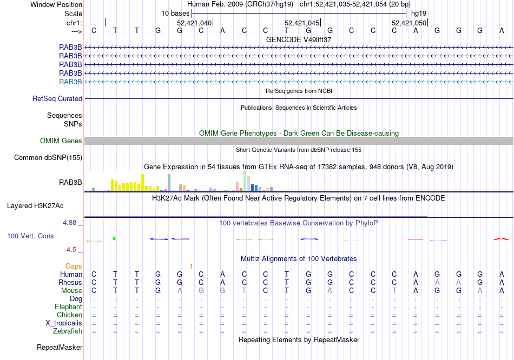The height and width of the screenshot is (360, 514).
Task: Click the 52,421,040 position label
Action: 194,23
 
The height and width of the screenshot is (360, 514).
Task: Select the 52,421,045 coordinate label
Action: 302,23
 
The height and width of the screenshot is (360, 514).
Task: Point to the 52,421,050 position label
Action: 409,23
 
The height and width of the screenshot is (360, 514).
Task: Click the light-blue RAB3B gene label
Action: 70,82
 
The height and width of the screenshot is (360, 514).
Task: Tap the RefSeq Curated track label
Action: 57,99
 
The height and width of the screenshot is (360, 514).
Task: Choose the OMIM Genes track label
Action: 61,141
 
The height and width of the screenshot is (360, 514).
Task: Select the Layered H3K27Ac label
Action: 35,206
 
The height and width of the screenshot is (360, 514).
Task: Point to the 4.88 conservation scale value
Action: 71,223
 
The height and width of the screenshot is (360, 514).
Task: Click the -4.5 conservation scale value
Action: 73,250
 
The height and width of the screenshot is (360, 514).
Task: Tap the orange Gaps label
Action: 74,266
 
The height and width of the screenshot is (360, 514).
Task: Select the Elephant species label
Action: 68,307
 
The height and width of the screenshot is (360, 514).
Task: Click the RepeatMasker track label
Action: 60,347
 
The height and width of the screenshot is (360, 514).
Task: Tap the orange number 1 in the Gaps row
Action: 191,266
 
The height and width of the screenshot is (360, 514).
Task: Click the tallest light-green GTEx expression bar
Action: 245,181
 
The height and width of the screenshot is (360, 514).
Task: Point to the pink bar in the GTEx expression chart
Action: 237,186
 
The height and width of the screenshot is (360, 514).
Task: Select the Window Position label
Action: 56,4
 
